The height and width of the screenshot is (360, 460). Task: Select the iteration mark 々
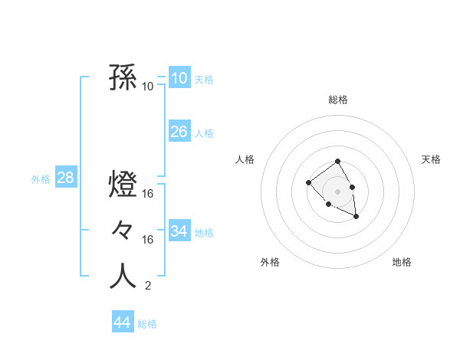pos(123,230)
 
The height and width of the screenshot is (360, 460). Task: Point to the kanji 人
pos(123,277)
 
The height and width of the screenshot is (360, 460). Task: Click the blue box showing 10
pos(179,78)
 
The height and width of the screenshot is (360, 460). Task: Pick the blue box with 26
pos(179,132)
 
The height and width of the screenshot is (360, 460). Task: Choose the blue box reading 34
pos(179,231)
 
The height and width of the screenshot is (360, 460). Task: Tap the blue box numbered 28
pos(65,178)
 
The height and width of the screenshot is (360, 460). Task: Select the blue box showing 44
pos(122,322)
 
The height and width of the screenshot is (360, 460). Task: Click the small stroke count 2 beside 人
pos(147,286)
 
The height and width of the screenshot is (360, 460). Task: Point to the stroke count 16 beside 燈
pos(148,194)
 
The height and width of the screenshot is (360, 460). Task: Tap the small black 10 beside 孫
pos(148,86)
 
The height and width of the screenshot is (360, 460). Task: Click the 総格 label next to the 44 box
pos(147,324)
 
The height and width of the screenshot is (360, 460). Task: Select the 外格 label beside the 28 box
pos(41,179)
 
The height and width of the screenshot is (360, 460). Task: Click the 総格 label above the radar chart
pos(337,100)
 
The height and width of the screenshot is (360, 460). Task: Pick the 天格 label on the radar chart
pos(432,159)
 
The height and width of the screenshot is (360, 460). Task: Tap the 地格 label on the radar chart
pos(402,262)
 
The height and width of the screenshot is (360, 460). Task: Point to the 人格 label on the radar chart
pos(245,159)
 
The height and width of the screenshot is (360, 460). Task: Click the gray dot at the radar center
pos(337,191)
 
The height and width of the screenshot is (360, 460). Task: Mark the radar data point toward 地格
pos(356,218)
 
